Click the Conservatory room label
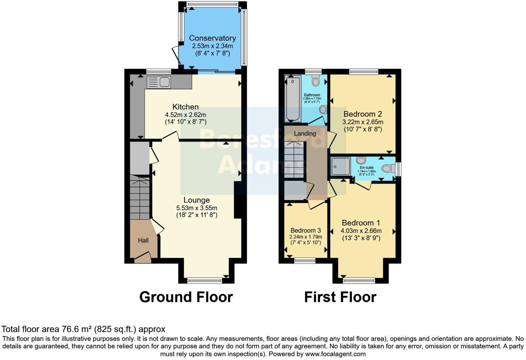point(212,38)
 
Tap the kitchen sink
point(159,82)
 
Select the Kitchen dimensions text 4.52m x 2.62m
point(185,115)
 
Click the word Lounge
point(197,200)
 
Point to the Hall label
point(143,240)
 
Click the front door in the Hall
point(143,258)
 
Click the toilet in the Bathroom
point(315,80)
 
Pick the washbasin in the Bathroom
point(323,109)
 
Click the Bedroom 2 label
point(362,114)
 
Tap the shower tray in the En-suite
point(341,166)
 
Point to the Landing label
point(305,133)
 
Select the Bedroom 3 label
point(306,231)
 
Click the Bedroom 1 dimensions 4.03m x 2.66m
point(361,231)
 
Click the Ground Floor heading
point(186,297)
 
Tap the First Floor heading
point(340,297)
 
